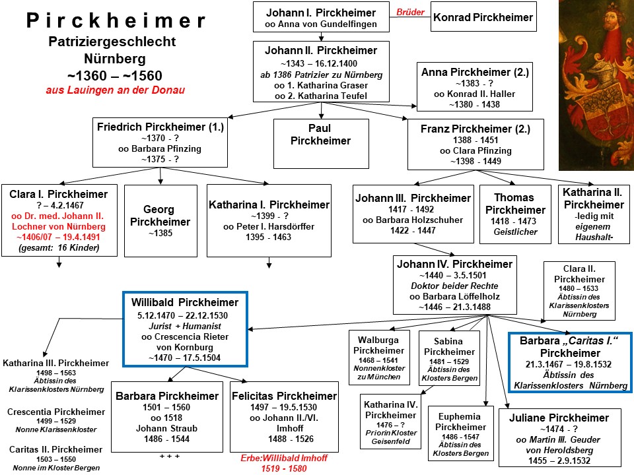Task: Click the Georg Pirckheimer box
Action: click(x=160, y=220)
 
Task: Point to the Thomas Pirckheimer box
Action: click(x=515, y=214)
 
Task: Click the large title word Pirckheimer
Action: click(x=117, y=20)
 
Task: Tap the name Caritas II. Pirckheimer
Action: click(x=55, y=449)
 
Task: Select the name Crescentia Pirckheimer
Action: click(x=55, y=412)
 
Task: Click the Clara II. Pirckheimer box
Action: click(x=579, y=291)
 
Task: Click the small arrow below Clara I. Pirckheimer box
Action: click(x=59, y=265)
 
